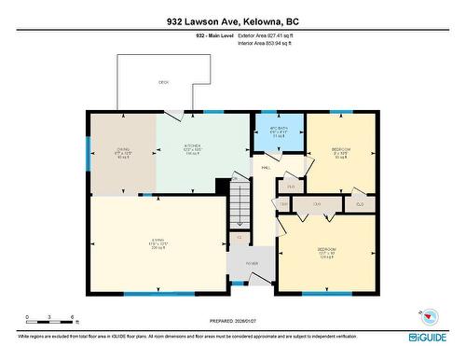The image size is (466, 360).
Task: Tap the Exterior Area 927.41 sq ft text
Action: point(271,35)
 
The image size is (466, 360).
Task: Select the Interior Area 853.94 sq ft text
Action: point(271,42)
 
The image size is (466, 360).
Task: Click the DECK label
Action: point(163,83)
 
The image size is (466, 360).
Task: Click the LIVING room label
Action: point(156,245)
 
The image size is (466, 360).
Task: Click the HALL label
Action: point(266,168)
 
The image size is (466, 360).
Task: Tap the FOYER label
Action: point(251,264)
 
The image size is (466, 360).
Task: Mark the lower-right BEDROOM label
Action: point(326,251)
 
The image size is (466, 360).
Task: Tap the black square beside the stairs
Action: point(222,186)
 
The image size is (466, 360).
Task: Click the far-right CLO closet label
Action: point(359,202)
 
